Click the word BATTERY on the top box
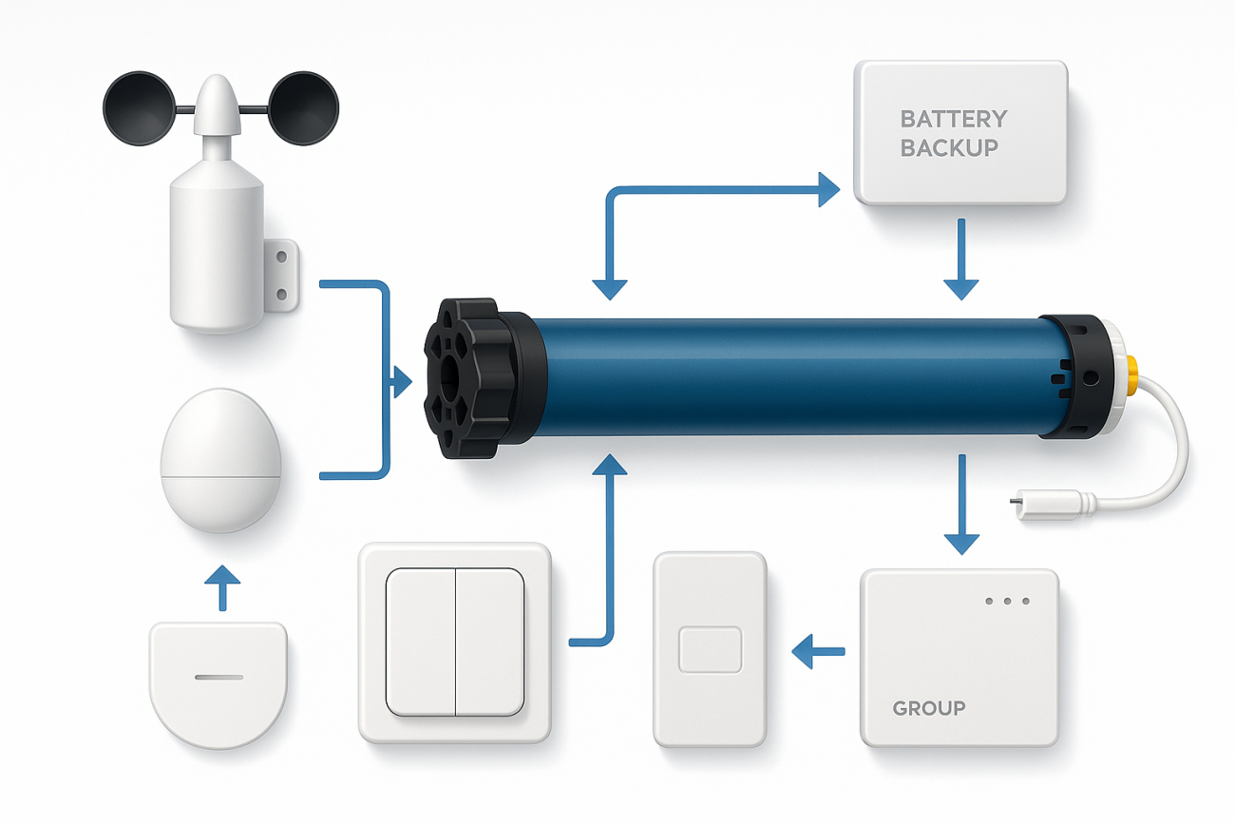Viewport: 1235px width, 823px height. [x=953, y=120]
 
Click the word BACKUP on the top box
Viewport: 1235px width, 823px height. [x=949, y=148]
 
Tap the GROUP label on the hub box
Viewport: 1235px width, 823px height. [x=928, y=708]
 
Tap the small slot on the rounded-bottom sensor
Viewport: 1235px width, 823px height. [x=219, y=679]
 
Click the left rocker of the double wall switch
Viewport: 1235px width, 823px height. [x=420, y=641]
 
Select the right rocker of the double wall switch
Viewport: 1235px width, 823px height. [x=490, y=641]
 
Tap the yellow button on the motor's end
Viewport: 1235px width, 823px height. [x=1132, y=377]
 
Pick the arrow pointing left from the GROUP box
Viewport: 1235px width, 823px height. [x=817, y=651]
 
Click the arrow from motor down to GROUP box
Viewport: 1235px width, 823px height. [x=961, y=504]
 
